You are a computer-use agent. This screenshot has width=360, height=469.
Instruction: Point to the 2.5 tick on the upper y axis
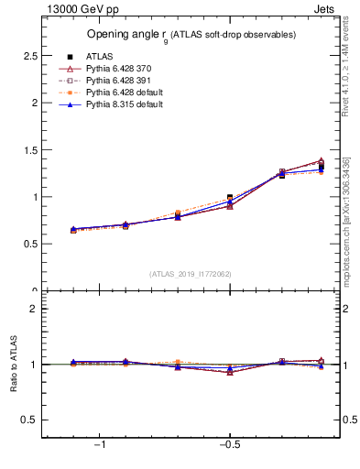point(30,56)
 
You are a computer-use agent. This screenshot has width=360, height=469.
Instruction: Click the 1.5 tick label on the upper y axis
point(30,149)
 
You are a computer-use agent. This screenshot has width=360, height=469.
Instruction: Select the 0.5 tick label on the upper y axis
point(30,244)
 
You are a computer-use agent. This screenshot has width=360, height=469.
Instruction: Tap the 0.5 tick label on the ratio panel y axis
point(30,420)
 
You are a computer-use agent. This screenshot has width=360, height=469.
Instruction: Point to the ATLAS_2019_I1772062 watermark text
point(191,273)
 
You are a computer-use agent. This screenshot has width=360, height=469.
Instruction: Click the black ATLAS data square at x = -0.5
point(230,198)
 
